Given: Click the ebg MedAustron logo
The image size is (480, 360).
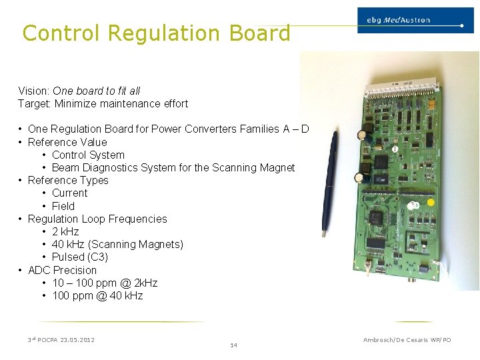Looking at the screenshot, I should (410, 21).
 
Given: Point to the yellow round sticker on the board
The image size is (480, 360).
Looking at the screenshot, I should (431, 202).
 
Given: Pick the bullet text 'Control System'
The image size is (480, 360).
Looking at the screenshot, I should (88, 155).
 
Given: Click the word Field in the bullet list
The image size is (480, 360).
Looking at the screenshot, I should (63, 206).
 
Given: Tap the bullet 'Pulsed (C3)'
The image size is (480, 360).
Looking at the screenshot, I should (80, 257).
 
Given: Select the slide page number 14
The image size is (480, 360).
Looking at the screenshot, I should (233, 345).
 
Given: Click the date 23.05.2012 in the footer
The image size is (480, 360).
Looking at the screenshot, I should (77, 340).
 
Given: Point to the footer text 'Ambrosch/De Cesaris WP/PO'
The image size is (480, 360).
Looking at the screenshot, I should (407, 340).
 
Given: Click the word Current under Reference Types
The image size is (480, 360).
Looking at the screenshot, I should (70, 193).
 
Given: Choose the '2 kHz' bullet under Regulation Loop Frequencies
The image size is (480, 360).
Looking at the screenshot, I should (65, 232).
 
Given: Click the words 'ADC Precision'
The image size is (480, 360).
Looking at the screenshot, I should (62, 270).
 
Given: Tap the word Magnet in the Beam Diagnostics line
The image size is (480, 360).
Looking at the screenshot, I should (277, 167).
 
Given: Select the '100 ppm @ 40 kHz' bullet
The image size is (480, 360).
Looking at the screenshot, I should (97, 296).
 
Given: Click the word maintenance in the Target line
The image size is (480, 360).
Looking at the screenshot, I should (124, 103).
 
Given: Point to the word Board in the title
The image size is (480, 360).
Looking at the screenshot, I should (259, 33).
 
